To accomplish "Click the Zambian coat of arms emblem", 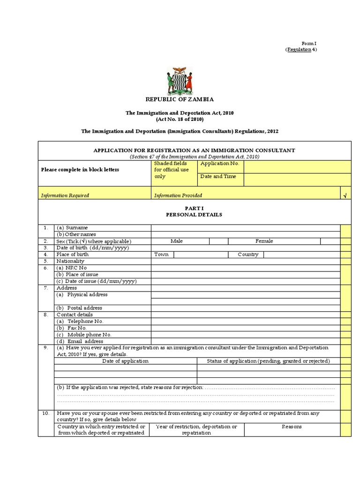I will click(180, 81).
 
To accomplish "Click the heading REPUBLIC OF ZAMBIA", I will click(180, 99).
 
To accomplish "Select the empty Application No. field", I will click(297, 166).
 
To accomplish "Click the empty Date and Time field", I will click(297, 180).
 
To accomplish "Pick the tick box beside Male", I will click(218, 241).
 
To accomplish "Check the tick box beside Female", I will click(330, 241).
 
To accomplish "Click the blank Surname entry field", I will click(245, 228).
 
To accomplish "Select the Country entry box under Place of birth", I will click(302, 255).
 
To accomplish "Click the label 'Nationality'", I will click(70, 261).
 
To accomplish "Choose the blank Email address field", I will click(245, 342).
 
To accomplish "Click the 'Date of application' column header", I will click(125, 361).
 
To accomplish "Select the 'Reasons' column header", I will click(292, 427).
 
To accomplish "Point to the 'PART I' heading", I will click(194, 208).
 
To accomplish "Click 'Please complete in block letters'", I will click(80, 170).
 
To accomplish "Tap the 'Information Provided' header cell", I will click(178, 195).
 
